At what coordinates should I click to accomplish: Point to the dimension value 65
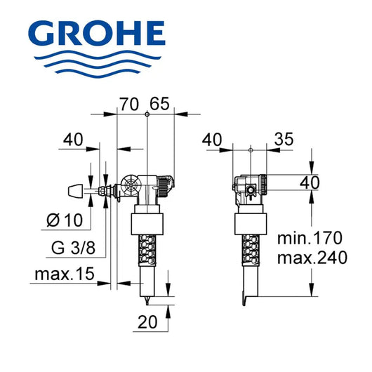[x=160, y=105]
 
